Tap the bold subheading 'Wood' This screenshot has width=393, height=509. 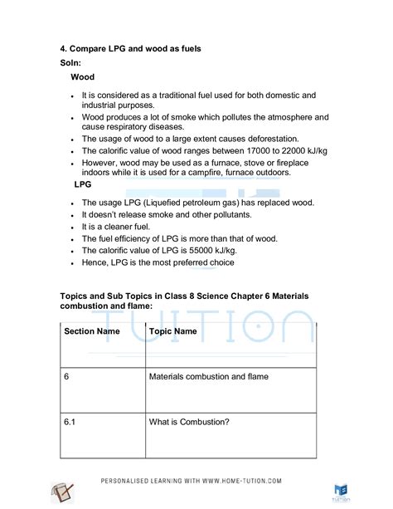(82, 77)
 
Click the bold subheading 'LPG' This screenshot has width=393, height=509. (83, 184)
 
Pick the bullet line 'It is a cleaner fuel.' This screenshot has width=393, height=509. (124, 226)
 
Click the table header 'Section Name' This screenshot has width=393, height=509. (92, 331)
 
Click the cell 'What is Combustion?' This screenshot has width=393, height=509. (189, 422)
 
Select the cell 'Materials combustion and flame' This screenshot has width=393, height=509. (208, 376)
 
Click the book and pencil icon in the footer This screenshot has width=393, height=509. (63, 492)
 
